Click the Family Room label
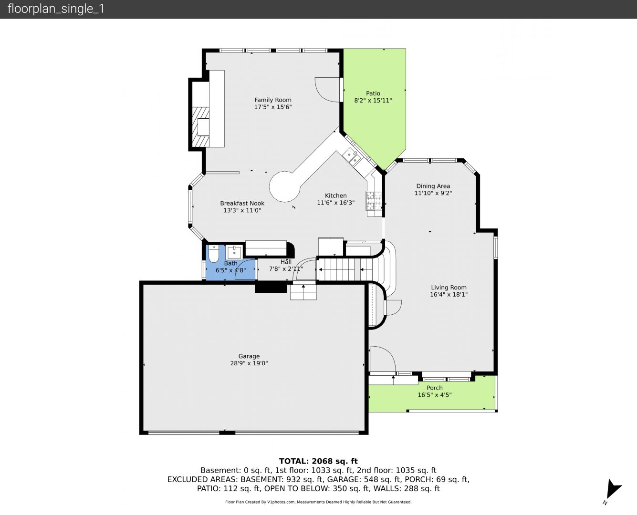point(273,100)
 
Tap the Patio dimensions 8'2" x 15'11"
point(373,101)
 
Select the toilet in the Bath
point(214,254)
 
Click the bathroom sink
point(234,252)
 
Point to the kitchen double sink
point(350,157)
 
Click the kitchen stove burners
point(374,201)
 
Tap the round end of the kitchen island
point(284,186)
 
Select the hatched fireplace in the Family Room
point(200,127)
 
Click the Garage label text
point(249,356)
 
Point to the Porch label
point(435,388)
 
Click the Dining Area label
point(433,186)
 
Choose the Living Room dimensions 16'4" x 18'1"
point(449,294)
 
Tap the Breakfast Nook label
point(242,203)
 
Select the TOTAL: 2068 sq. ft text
point(318,461)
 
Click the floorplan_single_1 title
point(56,9)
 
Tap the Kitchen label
point(335,196)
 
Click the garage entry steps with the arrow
point(303,292)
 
